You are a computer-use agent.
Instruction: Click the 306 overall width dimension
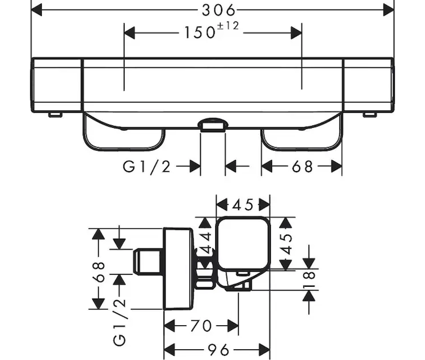219,10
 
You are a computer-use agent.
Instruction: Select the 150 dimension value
200,32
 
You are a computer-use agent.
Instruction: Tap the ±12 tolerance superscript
228,26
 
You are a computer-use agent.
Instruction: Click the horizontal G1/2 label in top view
147,167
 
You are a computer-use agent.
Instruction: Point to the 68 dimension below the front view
303,167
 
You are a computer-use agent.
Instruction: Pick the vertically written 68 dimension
99,272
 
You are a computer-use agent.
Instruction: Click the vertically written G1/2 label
119,323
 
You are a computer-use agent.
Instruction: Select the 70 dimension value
201,326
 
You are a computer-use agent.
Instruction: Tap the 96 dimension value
218,350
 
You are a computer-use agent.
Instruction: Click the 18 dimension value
309,280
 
